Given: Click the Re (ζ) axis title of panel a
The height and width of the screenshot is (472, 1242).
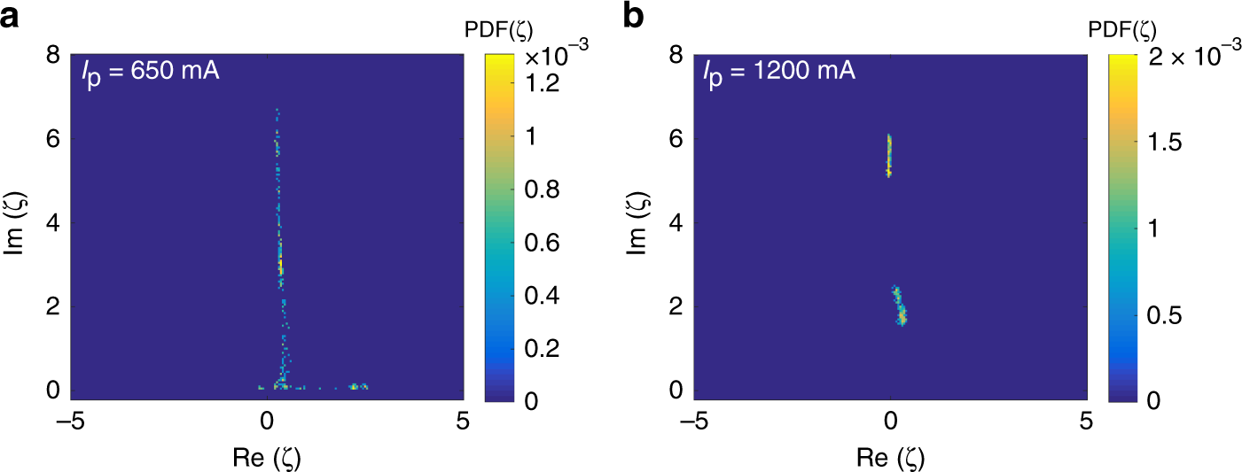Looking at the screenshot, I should tap(267, 456).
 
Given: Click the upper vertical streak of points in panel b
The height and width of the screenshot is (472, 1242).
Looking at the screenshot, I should tap(889, 156).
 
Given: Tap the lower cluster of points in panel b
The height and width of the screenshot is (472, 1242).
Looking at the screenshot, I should tap(899, 306).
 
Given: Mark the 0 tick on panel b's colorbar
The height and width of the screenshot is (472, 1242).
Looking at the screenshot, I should tap(1150, 399).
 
